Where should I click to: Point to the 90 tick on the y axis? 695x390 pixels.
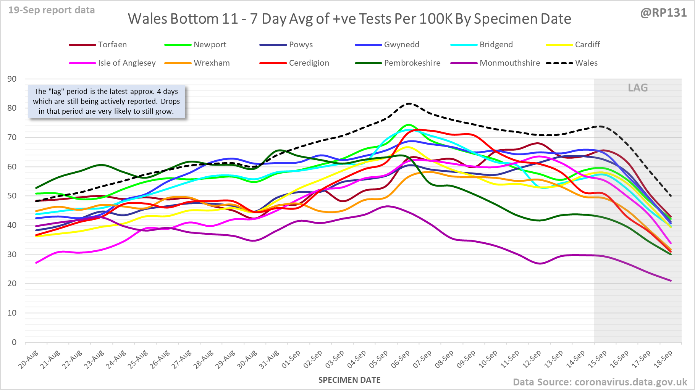(x=12, y=79)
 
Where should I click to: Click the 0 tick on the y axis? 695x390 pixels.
(x=14, y=342)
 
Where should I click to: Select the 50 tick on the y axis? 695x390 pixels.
(x=12, y=196)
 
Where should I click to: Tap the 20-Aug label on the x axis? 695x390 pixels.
(x=29, y=359)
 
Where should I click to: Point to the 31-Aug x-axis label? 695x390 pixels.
(x=269, y=359)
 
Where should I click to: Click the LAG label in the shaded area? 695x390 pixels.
(x=638, y=88)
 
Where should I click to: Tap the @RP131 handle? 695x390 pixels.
(x=663, y=13)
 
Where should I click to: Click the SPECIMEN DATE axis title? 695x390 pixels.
(x=349, y=380)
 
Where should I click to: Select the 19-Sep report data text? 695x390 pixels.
(x=52, y=10)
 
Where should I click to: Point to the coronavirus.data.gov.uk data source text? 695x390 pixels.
(x=630, y=382)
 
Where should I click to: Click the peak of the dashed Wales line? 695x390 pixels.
(x=409, y=103)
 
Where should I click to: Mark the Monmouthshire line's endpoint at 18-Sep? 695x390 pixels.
(x=671, y=281)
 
